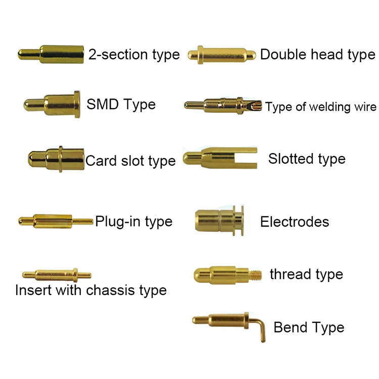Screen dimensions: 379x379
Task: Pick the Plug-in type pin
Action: (53, 220)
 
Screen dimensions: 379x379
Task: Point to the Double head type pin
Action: (222, 54)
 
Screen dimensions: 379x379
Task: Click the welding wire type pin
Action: (222, 106)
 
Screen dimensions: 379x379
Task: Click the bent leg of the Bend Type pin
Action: (262, 331)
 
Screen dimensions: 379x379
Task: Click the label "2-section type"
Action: (134, 54)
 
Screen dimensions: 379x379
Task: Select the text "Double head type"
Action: (317, 54)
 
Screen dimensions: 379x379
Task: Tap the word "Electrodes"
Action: (294, 221)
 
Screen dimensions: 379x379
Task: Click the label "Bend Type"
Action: (308, 327)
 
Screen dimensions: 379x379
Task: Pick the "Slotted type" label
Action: (307, 159)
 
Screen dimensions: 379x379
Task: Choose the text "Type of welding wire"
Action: (321, 107)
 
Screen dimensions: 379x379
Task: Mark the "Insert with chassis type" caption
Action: (91, 291)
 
